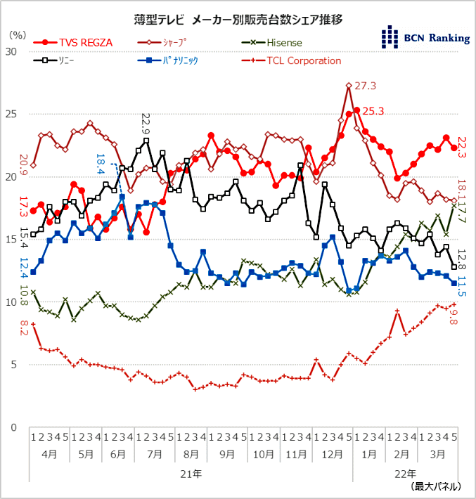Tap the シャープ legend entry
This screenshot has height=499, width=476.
click(x=169, y=42)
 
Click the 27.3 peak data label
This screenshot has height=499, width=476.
click(x=366, y=86)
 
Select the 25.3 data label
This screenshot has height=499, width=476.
click(x=373, y=110)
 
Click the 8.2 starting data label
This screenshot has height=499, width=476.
click(x=24, y=328)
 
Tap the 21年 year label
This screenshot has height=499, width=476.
click(x=191, y=473)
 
